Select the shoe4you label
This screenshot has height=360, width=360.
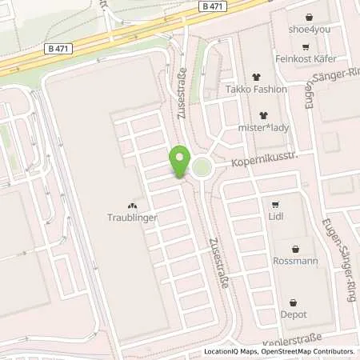(x=310, y=31)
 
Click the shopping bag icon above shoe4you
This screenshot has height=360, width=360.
(x=310, y=17)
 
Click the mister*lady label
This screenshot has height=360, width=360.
(x=261, y=126)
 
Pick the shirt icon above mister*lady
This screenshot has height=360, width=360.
(x=261, y=112)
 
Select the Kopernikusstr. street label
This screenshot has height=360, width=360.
(x=265, y=161)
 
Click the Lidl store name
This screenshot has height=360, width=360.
(x=276, y=217)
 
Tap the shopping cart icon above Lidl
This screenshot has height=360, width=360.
(x=276, y=203)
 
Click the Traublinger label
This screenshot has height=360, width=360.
(x=133, y=217)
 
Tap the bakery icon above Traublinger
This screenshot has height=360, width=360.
(x=133, y=204)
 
